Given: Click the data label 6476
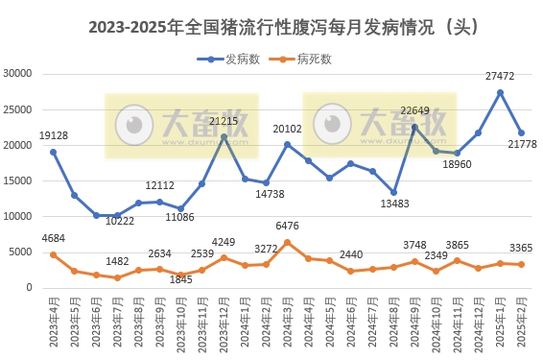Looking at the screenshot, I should [x=286, y=226].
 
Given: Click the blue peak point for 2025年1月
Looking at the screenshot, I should [x=500, y=92].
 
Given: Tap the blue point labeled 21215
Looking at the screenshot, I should [x=224, y=137].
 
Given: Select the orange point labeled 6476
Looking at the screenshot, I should [x=287, y=242].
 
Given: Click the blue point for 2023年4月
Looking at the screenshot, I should [x=53, y=152].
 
